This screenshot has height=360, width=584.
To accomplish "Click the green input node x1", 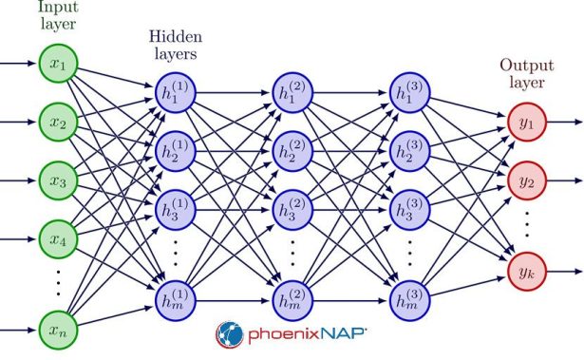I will (56, 66).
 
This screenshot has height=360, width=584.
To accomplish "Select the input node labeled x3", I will (56, 178).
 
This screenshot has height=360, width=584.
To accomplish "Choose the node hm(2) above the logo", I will (293, 299).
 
